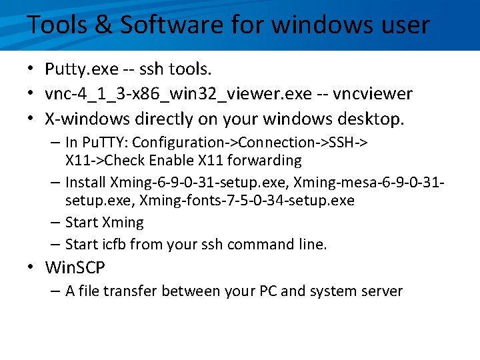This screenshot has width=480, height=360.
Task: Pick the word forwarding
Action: pyautogui.click(x=265, y=161)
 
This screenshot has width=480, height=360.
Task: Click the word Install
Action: pyautogui.click(x=86, y=183)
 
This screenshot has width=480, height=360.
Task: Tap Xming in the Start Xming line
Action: pyautogui.click(x=123, y=223)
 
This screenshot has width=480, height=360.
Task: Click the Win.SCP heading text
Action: pyautogui.click(x=75, y=268)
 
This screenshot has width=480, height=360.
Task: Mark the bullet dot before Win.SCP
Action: pyautogui.click(x=31, y=269)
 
